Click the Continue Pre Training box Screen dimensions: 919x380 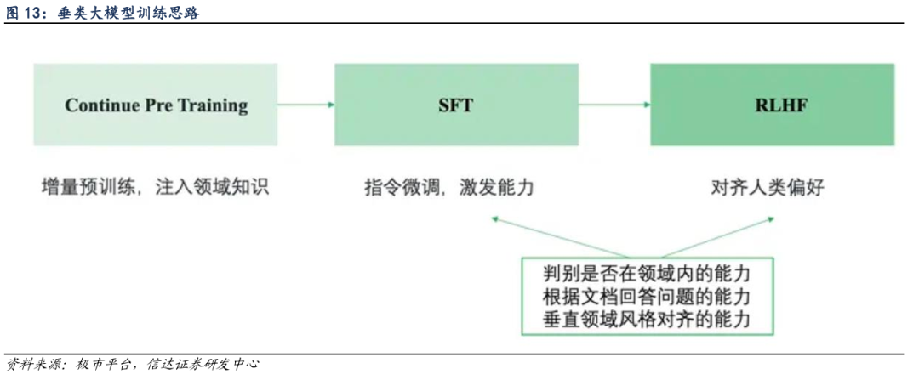click(x=156, y=105)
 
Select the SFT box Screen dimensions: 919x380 click(x=455, y=105)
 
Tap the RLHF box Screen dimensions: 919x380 click(x=772, y=105)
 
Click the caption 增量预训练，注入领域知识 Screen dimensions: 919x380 click(x=155, y=187)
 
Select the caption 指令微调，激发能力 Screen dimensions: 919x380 click(x=448, y=187)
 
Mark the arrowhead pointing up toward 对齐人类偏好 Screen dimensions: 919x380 click(x=770, y=219)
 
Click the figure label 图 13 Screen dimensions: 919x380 click(x=26, y=12)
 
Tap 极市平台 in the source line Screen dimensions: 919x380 click(x=105, y=364)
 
